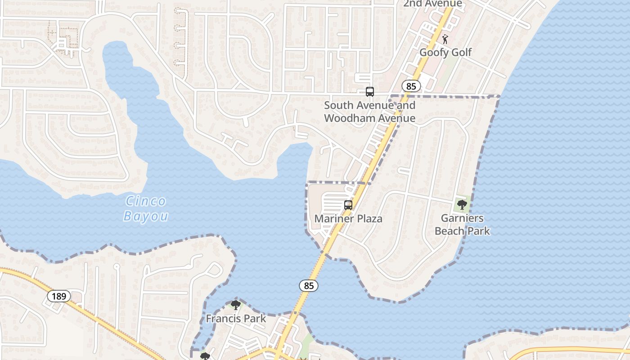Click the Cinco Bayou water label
tap(146, 208)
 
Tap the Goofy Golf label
tap(445, 52)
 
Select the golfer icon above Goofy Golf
tap(445, 39)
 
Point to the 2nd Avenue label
tap(432, 4)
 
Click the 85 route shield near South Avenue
tap(412, 86)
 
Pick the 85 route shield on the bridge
tap(309, 285)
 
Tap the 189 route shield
tap(59, 296)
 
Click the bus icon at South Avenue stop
tap(370, 92)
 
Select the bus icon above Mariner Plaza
tap(348, 205)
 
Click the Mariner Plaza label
tap(348, 219)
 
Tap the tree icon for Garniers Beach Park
tap(462, 205)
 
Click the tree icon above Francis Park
tap(236, 305)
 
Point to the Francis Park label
tap(236, 319)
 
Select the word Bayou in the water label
tap(146, 216)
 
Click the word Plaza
tap(366, 219)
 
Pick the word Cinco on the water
tap(146, 201)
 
